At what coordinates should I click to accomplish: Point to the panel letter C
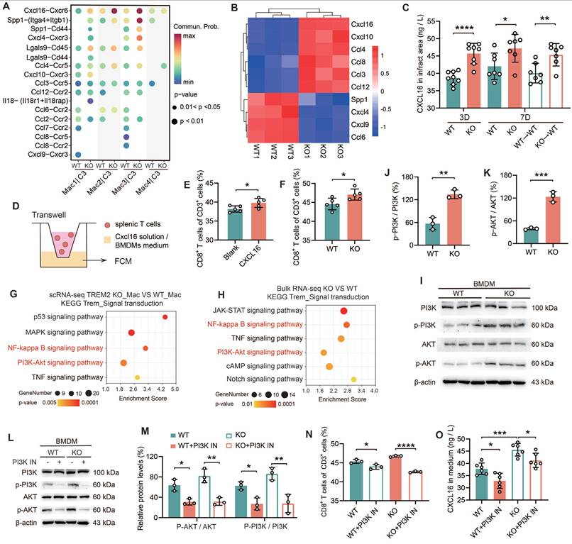405,8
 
